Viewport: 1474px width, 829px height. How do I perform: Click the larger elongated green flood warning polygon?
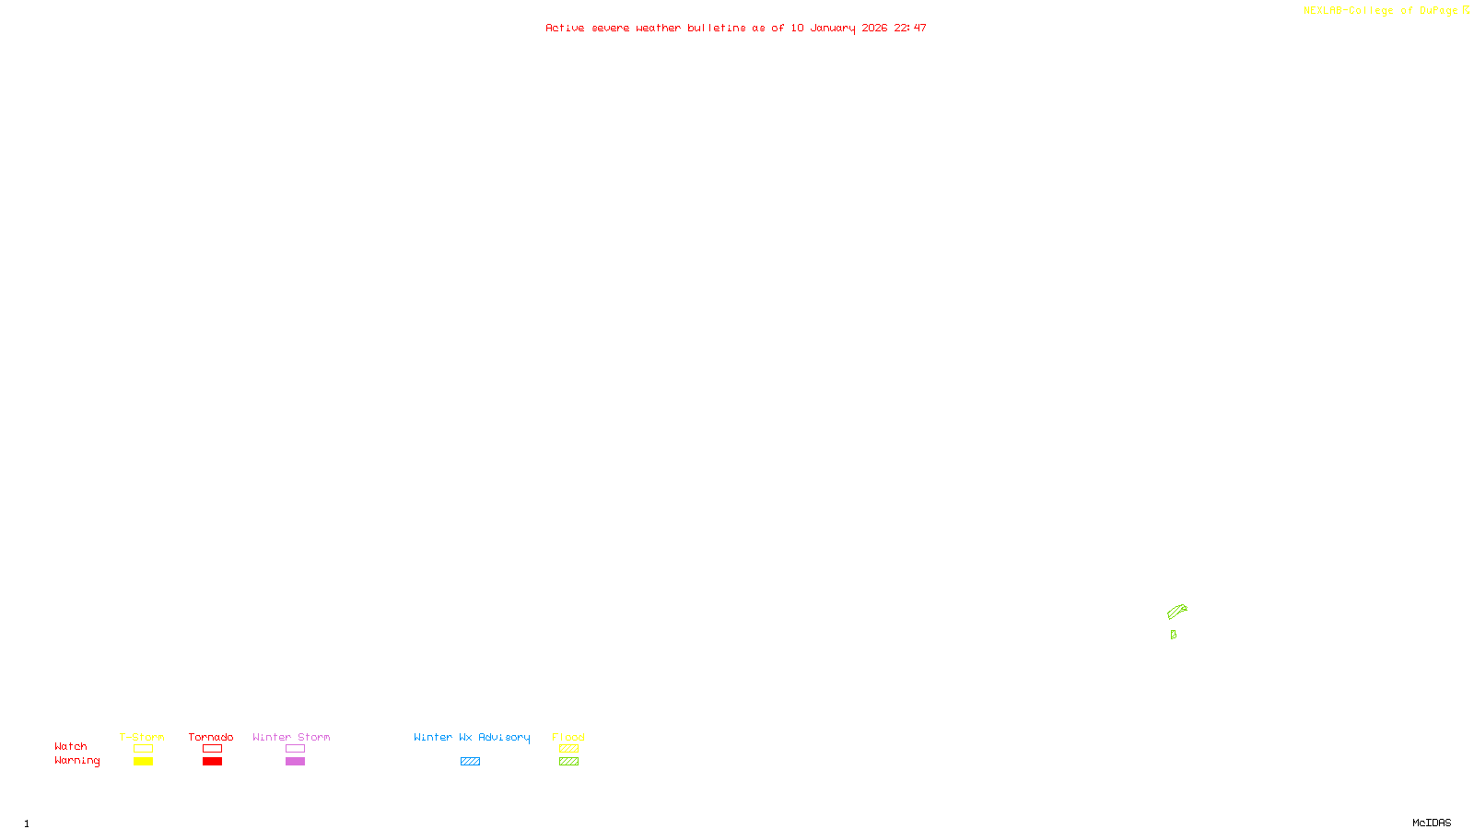click(x=1176, y=612)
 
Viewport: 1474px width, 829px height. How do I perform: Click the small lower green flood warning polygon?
click(x=1173, y=635)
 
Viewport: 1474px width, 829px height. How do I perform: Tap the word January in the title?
click(x=832, y=29)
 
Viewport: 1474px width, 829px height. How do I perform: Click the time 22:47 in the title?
click(x=909, y=29)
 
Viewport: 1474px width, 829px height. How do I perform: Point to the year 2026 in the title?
click(x=874, y=29)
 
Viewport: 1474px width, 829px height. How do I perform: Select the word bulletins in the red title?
click(x=716, y=29)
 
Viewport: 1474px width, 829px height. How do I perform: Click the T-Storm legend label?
click(x=142, y=737)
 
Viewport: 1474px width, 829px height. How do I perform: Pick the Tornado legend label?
click(x=211, y=737)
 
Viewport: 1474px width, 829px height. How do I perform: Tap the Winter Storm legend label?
click(x=291, y=737)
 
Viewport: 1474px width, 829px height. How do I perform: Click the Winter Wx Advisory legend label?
click(x=472, y=737)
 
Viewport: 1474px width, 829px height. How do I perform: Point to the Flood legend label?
click(x=568, y=737)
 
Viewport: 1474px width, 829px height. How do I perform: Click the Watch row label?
click(x=71, y=747)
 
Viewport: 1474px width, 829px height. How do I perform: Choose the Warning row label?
click(x=76, y=761)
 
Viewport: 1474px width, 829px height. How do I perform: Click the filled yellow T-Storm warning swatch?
click(x=143, y=762)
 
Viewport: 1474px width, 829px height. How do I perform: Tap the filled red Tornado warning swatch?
click(x=212, y=762)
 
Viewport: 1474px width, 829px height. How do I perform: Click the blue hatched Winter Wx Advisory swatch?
click(x=470, y=762)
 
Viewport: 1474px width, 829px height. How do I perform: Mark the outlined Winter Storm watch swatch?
click(x=295, y=749)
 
